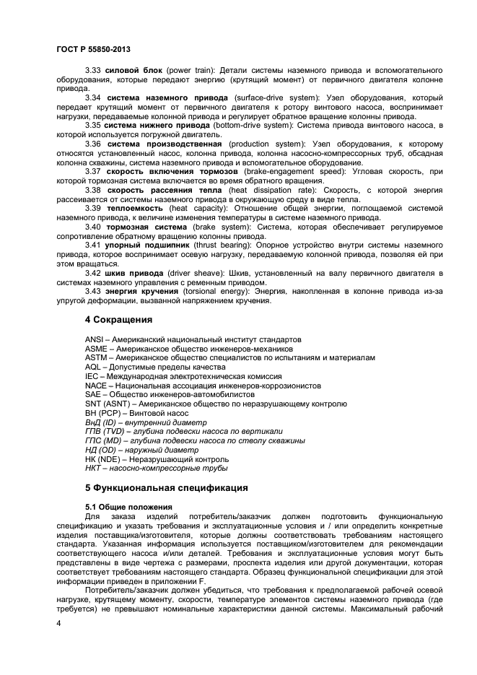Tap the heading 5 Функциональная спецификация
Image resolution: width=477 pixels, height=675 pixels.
point(166,487)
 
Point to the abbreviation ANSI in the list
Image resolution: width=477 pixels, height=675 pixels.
point(95,339)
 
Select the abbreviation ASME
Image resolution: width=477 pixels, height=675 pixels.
point(96,349)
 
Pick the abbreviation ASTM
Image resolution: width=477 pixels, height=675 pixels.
point(96,357)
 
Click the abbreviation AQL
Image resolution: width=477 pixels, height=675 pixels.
point(94,367)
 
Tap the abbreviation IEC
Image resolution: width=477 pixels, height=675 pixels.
point(92,376)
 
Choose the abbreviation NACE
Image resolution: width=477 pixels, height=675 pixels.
point(96,386)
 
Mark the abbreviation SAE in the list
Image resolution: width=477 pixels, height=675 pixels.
point(93,394)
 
